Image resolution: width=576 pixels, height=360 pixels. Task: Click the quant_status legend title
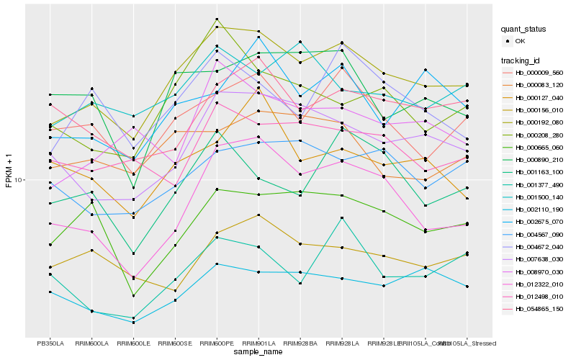click(523, 29)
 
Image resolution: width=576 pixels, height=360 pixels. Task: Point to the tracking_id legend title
click(521, 60)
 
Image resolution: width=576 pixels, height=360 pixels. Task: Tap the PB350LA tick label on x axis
click(50, 343)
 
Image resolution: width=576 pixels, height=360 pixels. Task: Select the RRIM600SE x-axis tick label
click(175, 343)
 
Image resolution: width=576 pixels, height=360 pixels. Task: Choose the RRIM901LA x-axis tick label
click(258, 343)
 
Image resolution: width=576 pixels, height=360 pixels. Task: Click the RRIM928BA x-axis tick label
click(300, 343)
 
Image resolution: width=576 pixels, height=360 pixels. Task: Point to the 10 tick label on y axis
click(19, 179)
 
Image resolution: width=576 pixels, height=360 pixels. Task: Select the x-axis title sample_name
click(258, 353)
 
